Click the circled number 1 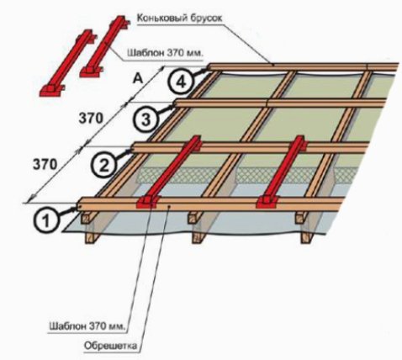(46, 220)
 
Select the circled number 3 (146, 120)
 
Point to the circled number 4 (181, 82)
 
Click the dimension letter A (138, 79)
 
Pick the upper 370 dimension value (91, 119)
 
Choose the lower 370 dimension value (45, 164)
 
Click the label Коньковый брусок (179, 18)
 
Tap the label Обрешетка (110, 346)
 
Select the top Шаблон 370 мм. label (165, 52)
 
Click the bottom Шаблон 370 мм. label (87, 326)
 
